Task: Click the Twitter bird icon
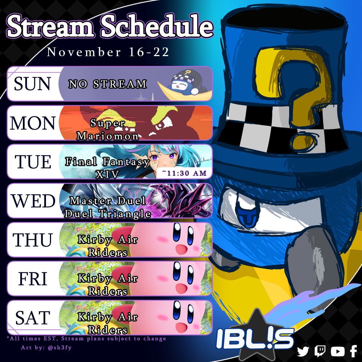[303, 352]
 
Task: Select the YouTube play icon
[337, 352]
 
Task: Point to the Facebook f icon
[354, 351]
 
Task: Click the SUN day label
[32, 84]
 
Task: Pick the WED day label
[33, 201]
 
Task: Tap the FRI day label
[33, 279]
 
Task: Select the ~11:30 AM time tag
[184, 173]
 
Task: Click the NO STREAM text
[108, 84]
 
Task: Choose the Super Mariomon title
[108, 129]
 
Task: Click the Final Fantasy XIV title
[108, 168]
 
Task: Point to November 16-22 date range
[108, 52]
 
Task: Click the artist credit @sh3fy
[60, 348]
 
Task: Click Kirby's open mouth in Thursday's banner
[181, 249]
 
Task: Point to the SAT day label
[33, 318]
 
